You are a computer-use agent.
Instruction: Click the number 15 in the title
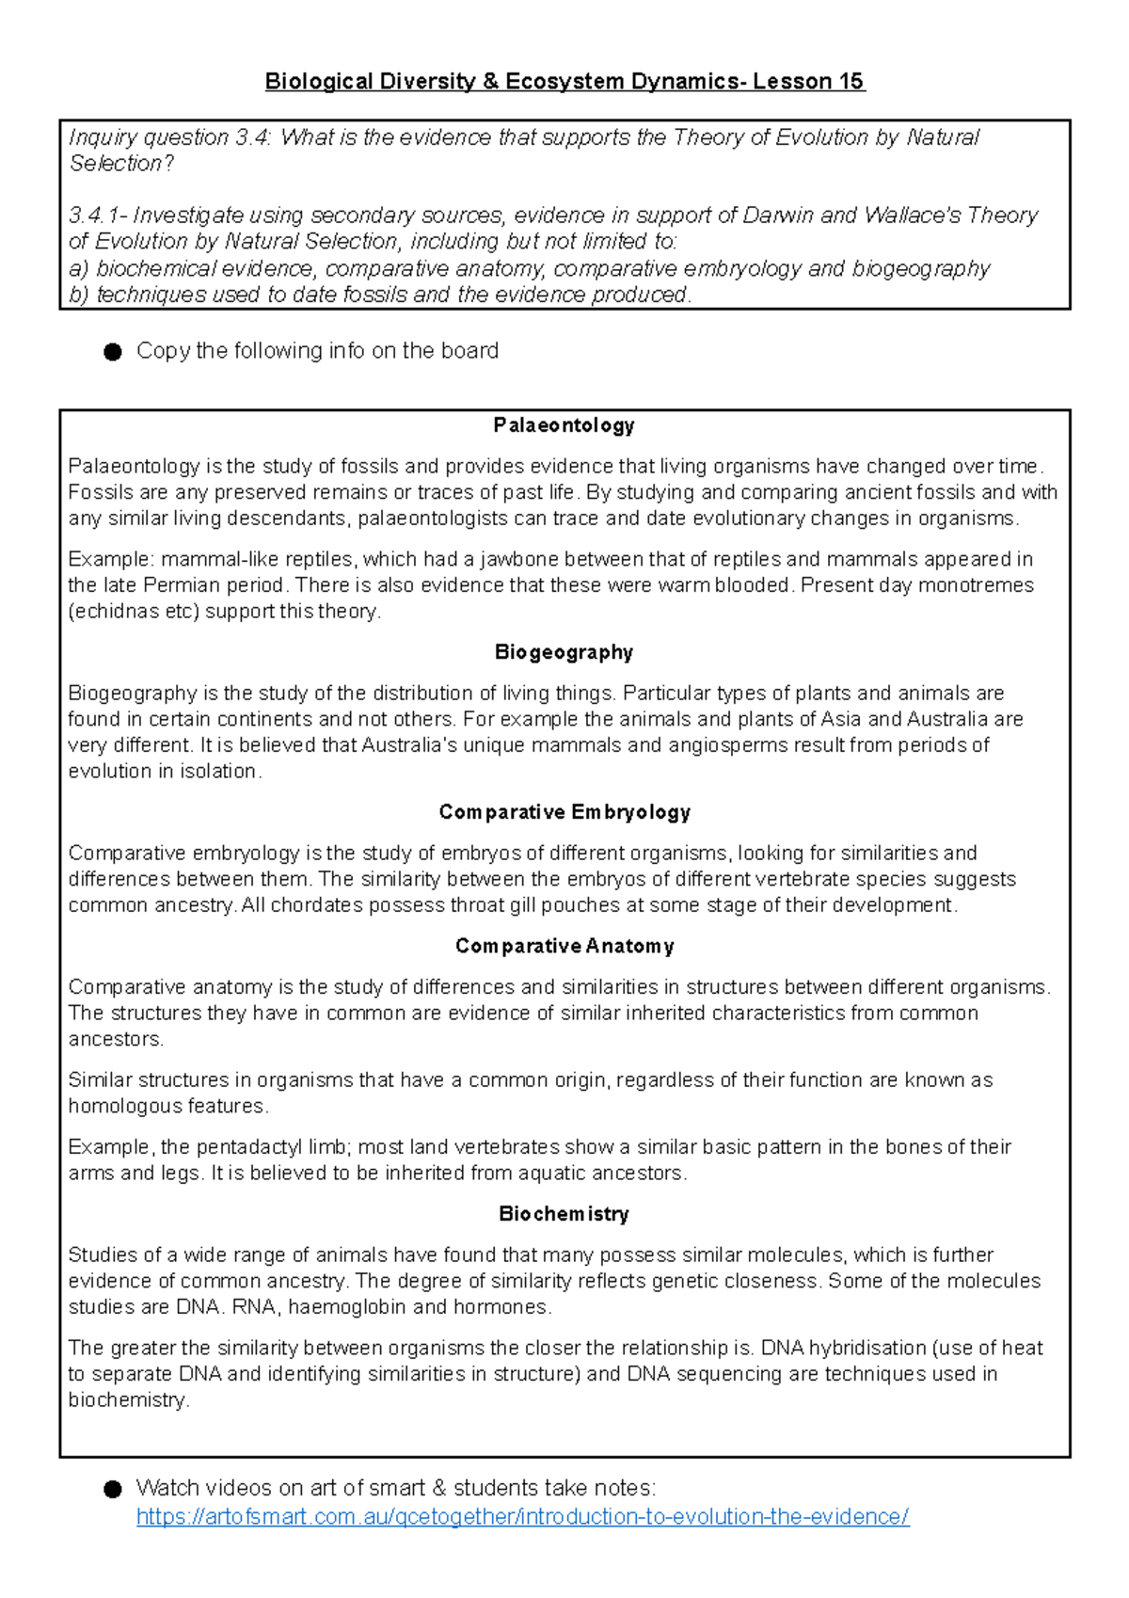click(851, 82)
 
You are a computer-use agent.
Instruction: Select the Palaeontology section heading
click(564, 425)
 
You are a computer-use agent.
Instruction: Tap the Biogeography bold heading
click(564, 652)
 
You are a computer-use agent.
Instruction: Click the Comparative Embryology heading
click(564, 812)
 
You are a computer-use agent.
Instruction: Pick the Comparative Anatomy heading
click(564, 946)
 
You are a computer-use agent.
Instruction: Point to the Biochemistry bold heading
click(564, 1214)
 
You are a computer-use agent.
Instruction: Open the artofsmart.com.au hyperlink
click(522, 1516)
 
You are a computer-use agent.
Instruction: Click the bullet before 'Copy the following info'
click(113, 352)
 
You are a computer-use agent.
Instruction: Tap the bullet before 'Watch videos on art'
click(113, 1489)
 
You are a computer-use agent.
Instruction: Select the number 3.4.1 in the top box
click(93, 216)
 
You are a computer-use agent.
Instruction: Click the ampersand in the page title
click(490, 82)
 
